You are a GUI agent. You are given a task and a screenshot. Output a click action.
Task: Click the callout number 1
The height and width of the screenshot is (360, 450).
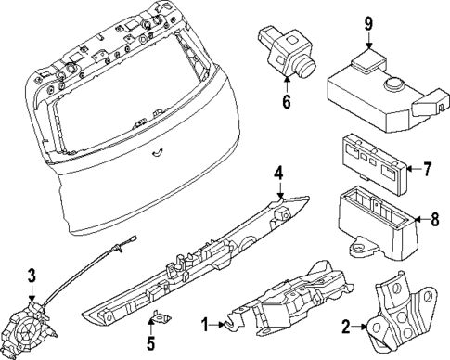tap(207, 326)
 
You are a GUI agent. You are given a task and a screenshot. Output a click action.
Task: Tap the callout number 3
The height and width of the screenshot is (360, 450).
tap(32, 275)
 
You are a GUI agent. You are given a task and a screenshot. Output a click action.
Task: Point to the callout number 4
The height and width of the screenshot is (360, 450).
tap(276, 174)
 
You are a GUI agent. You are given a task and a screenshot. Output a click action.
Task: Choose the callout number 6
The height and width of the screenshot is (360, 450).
tap(287, 102)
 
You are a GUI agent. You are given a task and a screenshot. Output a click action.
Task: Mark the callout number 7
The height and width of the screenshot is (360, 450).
tap(428, 170)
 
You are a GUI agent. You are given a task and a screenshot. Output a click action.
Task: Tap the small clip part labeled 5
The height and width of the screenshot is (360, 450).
tap(160, 318)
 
